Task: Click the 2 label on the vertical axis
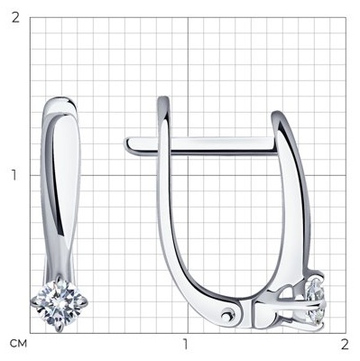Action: tap(15, 17)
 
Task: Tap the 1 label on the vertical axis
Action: tap(14, 175)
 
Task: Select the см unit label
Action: tap(18, 343)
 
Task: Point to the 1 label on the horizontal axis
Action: tap(186, 344)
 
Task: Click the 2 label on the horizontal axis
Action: tap(345, 344)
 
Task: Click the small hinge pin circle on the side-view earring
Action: tap(226, 316)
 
